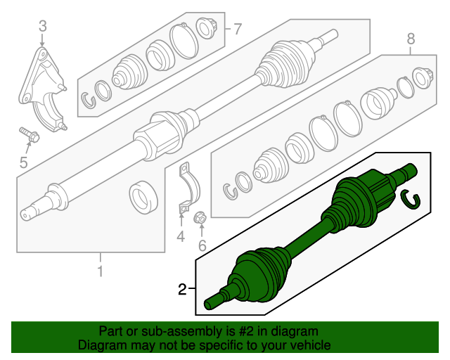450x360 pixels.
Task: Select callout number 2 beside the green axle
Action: tap(182, 289)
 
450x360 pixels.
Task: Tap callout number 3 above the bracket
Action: tap(42, 27)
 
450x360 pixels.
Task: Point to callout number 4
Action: tap(180, 237)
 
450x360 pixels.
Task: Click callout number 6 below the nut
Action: tap(201, 245)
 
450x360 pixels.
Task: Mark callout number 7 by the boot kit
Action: tap(237, 29)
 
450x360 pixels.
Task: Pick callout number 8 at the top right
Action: tap(411, 39)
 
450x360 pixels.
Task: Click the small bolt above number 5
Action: tap(28, 133)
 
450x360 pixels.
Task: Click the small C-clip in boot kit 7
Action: tap(87, 98)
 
